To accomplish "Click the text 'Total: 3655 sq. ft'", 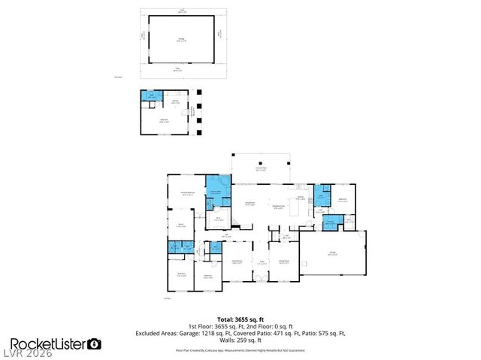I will pyautogui.click(x=240, y=319).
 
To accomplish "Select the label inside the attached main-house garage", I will pyautogui.click(x=332, y=254).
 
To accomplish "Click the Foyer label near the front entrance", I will pyautogui.click(x=262, y=263).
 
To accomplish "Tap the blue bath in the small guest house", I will pyautogui.click(x=150, y=95).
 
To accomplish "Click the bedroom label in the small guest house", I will pyautogui.click(x=165, y=119).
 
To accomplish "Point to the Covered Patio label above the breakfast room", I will pyautogui.click(x=261, y=170).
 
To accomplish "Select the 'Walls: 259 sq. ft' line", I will pyautogui.click(x=240, y=339).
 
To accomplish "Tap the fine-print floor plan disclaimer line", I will pyautogui.click(x=240, y=349).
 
